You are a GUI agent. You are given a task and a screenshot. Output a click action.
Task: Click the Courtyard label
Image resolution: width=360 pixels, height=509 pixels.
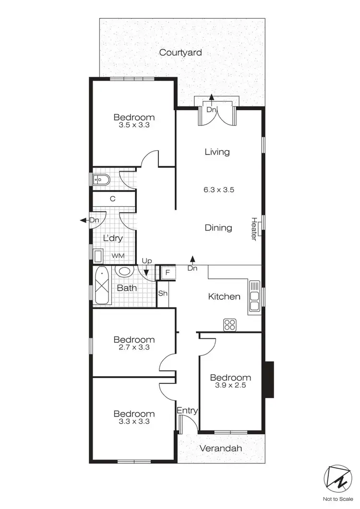click(x=180, y=52)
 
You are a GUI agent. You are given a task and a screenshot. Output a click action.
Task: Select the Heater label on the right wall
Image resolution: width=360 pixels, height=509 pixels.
click(x=254, y=229)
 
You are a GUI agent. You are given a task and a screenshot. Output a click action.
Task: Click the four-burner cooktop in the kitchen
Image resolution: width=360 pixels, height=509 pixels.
click(x=229, y=325)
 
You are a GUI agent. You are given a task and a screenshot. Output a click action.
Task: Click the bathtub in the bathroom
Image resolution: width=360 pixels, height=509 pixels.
click(x=103, y=286)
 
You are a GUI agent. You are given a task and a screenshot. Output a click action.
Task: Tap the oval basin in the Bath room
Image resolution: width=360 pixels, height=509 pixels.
click(x=125, y=271)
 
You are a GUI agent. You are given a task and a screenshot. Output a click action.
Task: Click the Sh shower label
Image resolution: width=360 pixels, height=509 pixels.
click(x=163, y=293)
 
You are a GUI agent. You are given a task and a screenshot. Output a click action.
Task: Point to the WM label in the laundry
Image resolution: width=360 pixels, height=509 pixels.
click(x=118, y=256)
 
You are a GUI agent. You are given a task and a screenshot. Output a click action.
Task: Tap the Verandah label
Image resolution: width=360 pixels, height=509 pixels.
click(x=221, y=449)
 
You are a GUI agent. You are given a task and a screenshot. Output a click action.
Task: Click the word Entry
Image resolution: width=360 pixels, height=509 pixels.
click(x=187, y=410)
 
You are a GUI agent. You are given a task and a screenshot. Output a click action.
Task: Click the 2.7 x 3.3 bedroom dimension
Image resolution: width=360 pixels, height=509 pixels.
click(x=133, y=347)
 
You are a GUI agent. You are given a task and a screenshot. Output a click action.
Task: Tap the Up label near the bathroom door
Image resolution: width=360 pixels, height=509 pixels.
click(x=147, y=260)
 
